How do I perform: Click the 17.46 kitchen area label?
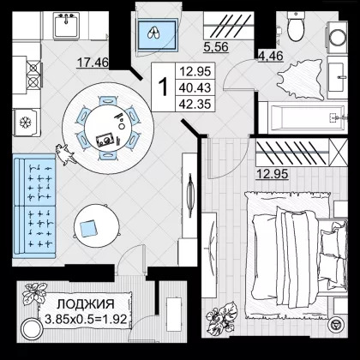(93, 63)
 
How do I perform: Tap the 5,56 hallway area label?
(216, 47)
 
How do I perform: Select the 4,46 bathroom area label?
(271, 56)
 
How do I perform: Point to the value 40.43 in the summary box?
(195, 87)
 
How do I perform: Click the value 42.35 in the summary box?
(195, 104)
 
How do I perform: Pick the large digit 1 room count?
(163, 87)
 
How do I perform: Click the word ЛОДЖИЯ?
(86, 304)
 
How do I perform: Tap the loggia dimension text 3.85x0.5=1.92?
(86, 319)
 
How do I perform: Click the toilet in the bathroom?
(296, 27)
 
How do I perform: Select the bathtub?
(307, 117)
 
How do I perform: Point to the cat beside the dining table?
(66, 154)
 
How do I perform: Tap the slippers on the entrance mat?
(154, 33)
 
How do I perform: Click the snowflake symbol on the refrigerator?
(25, 123)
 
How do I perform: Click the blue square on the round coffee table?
(88, 228)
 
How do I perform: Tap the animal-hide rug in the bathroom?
(300, 80)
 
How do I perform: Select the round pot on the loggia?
(31, 328)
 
